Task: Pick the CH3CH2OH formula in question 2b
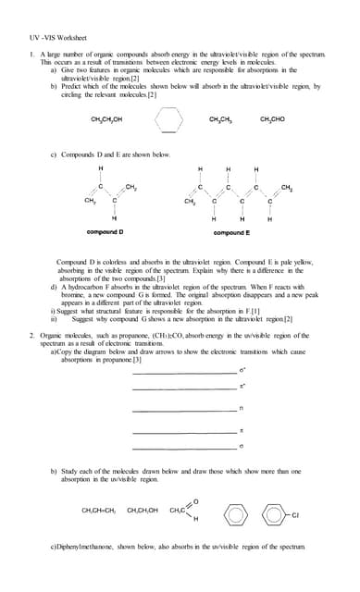coord(143,508)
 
